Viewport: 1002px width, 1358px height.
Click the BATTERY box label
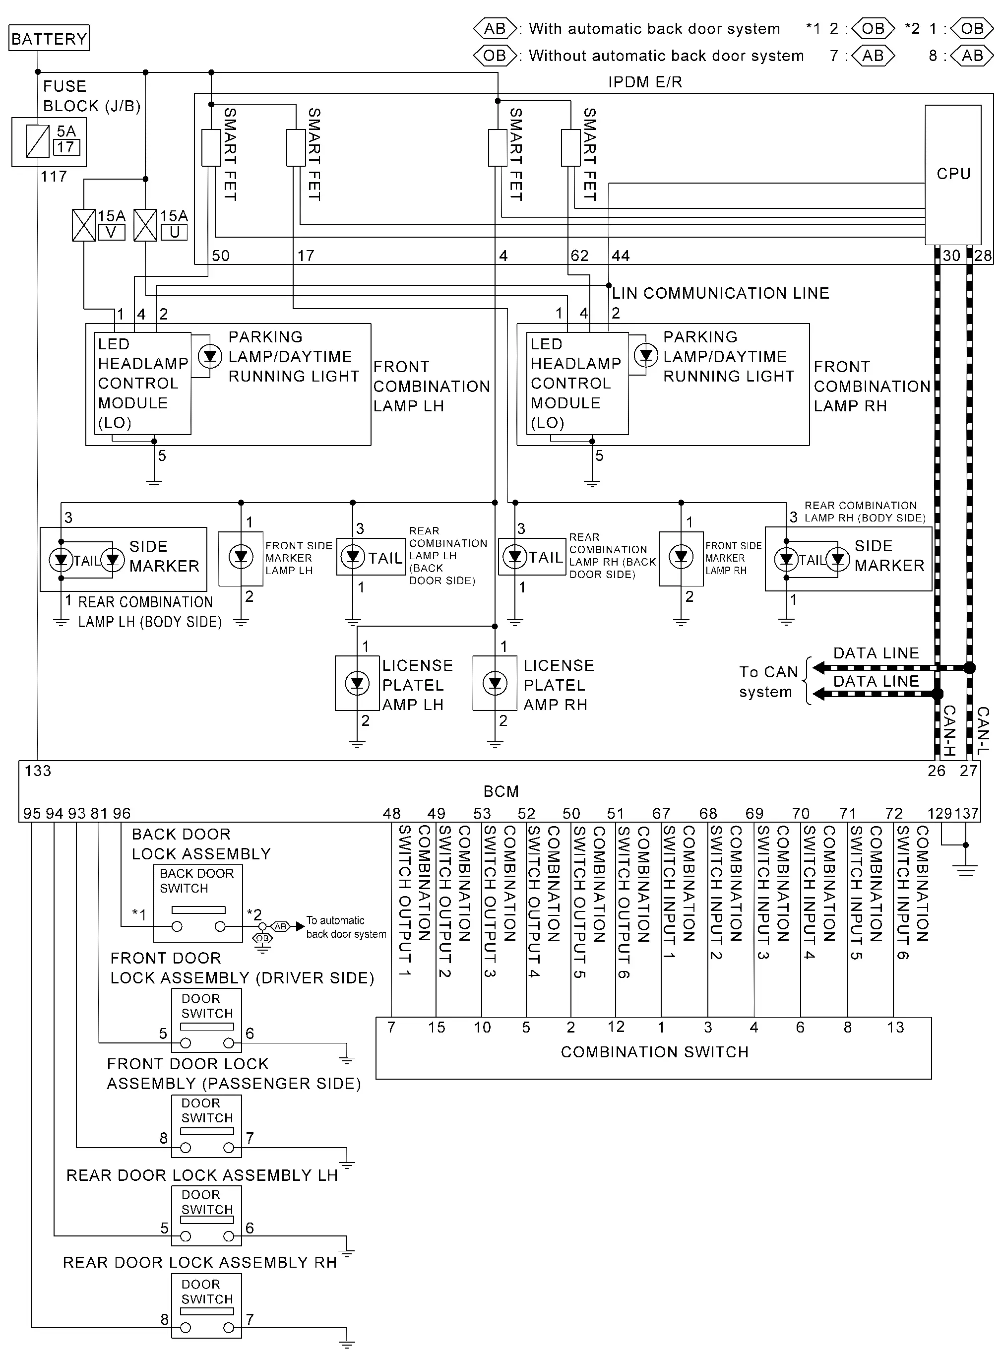[49, 38]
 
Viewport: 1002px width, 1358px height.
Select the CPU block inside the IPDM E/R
[952, 175]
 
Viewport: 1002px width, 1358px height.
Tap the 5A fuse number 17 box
[66, 147]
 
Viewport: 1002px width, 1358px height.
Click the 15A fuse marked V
[84, 225]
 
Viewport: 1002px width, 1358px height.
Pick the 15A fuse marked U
[145, 225]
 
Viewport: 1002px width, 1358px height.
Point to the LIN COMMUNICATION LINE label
[720, 294]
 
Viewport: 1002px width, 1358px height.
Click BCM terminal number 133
[38, 771]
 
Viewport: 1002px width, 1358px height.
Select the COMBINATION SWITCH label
[654, 1052]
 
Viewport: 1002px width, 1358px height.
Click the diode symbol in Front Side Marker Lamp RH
[681, 556]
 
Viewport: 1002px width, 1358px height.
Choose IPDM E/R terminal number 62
[579, 256]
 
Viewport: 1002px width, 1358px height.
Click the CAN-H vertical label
[949, 730]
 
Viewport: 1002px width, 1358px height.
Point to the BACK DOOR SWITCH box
[198, 903]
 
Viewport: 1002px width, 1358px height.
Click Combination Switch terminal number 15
[436, 1028]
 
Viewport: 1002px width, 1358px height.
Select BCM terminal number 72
[893, 813]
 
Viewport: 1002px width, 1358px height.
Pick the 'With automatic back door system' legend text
[654, 28]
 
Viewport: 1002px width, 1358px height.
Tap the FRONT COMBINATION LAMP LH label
[431, 387]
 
